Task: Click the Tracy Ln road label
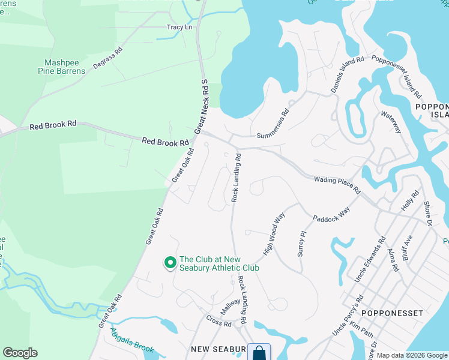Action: pos(179,27)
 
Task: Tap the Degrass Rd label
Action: pos(107,58)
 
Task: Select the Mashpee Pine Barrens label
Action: pos(65,66)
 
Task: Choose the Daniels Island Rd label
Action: pos(348,75)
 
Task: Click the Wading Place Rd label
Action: pos(337,185)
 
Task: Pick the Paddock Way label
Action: pos(331,215)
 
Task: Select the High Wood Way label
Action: pos(273,233)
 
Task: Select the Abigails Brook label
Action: pos(132,343)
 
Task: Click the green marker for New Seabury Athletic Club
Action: pos(170,262)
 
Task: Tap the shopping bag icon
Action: pos(259,352)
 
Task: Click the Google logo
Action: pos(20,353)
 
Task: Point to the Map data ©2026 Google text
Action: pos(412,356)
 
